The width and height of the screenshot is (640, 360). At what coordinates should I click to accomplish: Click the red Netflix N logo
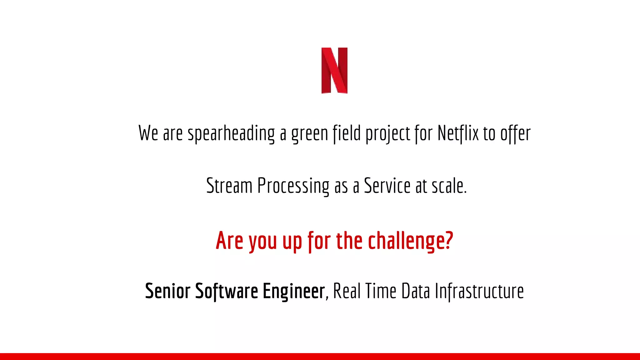[334, 70]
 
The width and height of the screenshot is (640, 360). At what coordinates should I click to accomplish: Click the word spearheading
[231, 133]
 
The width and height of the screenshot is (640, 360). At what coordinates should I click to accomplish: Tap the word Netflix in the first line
[458, 133]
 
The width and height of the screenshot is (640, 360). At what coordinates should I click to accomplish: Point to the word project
[387, 134]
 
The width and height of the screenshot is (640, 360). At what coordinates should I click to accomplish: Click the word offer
[515, 134]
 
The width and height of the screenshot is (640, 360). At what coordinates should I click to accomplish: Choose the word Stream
[229, 186]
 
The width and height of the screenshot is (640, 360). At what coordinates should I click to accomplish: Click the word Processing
[293, 186]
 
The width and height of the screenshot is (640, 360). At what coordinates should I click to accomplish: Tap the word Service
[387, 186]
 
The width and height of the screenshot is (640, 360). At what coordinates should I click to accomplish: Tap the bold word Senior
[167, 291]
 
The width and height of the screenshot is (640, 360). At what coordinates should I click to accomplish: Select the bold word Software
[227, 291]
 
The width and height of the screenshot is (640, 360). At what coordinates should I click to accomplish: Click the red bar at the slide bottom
[320, 356]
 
